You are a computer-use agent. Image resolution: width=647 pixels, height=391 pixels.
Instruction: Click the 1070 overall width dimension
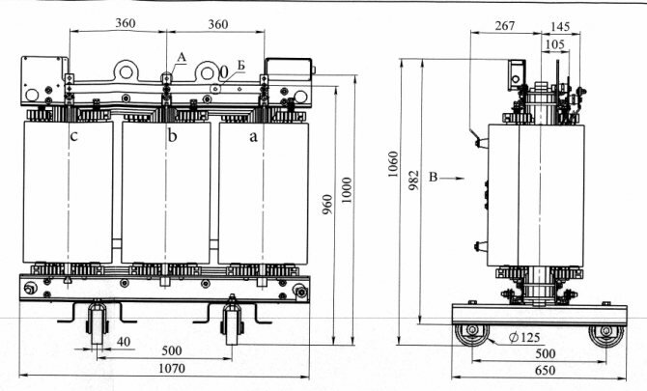[172, 368]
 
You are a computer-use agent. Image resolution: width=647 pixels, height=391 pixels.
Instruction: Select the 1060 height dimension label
[393, 164]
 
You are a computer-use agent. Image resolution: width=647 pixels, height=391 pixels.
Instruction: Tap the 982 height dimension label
[413, 181]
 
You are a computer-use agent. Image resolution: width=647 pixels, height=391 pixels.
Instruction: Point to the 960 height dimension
[326, 205]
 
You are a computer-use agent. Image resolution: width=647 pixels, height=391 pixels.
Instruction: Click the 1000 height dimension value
[347, 190]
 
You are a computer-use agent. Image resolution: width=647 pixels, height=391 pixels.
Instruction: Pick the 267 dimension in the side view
[505, 25]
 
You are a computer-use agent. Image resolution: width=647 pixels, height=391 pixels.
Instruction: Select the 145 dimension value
[560, 26]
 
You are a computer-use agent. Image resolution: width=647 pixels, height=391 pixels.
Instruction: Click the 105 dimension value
[555, 43]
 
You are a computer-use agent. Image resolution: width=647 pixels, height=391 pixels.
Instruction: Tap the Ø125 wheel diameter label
[525, 338]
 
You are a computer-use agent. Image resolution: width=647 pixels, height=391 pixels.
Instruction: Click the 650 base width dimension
[545, 371]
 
